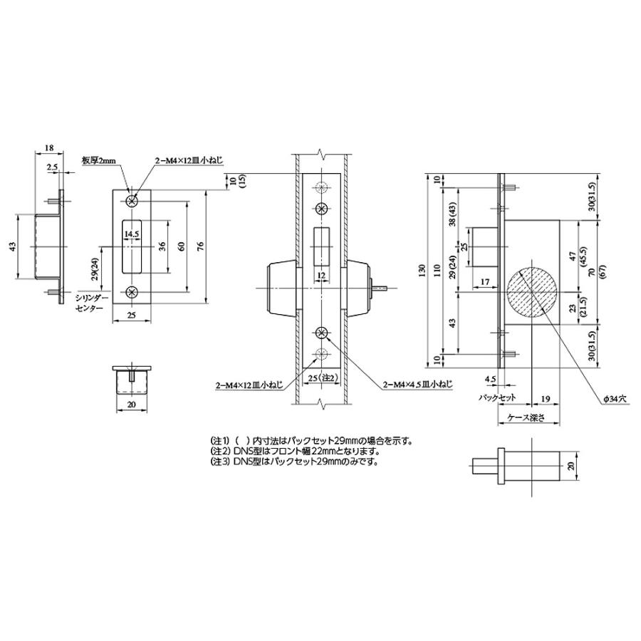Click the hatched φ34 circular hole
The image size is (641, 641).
531,292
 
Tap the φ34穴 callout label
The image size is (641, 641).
615,400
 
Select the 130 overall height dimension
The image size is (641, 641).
422,270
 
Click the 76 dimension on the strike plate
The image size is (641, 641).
200,246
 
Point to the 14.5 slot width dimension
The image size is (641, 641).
132,234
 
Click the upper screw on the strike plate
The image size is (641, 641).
132,201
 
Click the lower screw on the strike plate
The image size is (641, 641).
132,292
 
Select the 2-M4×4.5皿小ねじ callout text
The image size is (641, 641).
417,385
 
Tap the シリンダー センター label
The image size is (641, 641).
89,303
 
